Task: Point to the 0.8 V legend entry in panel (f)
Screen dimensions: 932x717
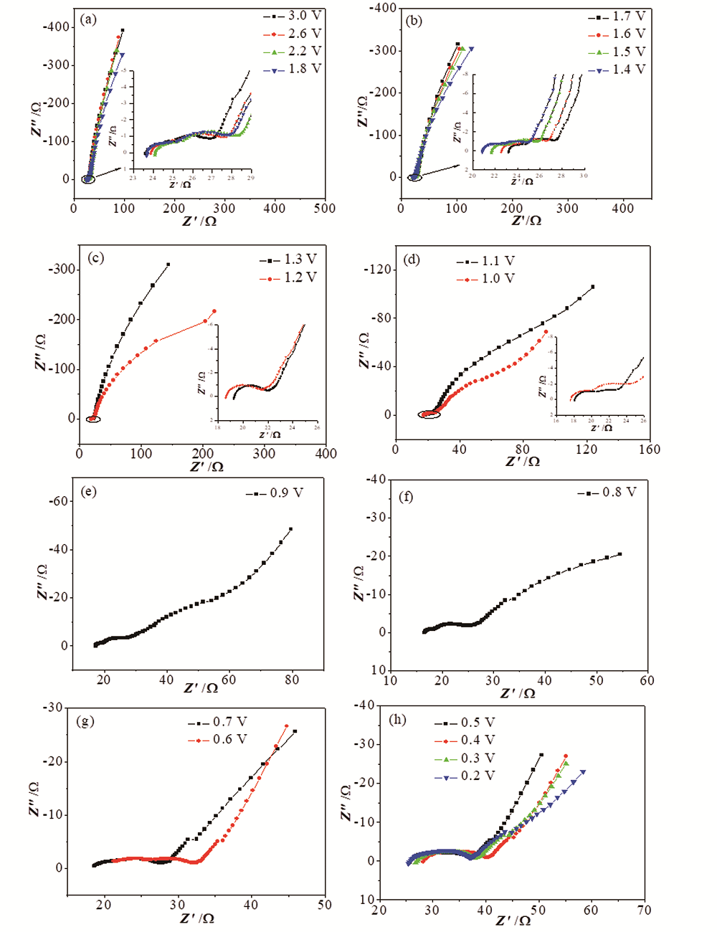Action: coord(609,493)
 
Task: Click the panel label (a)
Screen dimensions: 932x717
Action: coord(89,19)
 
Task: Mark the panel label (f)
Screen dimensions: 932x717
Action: coord(404,496)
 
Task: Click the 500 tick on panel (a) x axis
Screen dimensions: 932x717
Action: coord(325,208)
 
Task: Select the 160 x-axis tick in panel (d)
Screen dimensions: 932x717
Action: coord(650,449)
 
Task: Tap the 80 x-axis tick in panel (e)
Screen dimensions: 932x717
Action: coord(292,679)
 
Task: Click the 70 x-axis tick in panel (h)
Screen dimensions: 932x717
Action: coord(645,910)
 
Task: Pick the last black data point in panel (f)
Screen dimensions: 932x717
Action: coord(619,553)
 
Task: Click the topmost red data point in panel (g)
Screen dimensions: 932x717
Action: coord(286,726)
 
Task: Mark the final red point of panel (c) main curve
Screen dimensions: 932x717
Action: coord(214,311)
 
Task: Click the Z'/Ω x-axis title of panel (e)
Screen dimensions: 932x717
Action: coord(201,688)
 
